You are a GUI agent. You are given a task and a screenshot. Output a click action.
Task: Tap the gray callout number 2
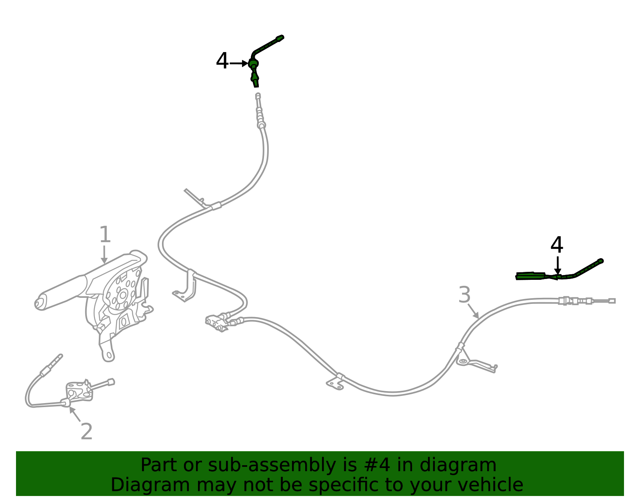tap(86, 432)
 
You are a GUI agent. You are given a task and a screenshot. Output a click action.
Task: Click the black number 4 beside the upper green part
tap(222, 61)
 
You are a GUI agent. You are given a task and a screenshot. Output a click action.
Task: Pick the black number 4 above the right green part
tap(557, 245)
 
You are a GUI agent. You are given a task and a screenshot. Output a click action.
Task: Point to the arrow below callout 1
tap(104, 255)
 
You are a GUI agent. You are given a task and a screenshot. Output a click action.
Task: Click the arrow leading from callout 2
tap(75, 414)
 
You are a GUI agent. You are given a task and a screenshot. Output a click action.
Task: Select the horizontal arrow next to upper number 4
tap(239, 63)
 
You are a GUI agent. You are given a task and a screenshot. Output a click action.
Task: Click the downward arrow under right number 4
tap(558, 266)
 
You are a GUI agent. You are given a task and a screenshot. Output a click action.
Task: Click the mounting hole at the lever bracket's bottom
tap(109, 355)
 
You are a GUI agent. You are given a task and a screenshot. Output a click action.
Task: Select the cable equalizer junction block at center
tap(216, 323)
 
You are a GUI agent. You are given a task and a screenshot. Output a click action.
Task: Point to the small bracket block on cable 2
tap(79, 391)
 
